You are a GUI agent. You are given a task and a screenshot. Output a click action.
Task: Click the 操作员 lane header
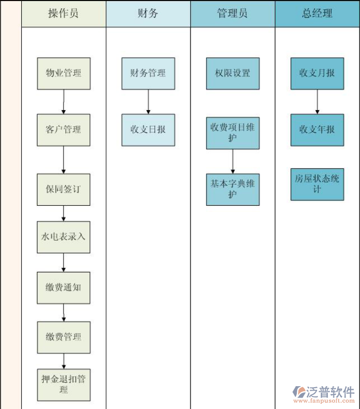pos(63,14)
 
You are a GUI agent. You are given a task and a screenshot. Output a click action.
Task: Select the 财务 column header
pos(148,14)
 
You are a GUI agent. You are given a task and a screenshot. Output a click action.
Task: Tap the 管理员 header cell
pos(233,14)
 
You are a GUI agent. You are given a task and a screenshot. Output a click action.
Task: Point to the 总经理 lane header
pos(317,14)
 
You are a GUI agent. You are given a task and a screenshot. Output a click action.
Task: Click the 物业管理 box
pos(63,73)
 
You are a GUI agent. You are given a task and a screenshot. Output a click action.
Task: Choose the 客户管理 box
pos(63,130)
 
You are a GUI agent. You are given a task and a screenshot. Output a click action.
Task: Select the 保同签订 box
pos(63,189)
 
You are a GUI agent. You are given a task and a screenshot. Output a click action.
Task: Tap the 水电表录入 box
pos(63,237)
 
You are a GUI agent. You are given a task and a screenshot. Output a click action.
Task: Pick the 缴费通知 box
pos(63,287)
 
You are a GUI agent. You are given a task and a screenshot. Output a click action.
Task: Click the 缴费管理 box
pos(63,337)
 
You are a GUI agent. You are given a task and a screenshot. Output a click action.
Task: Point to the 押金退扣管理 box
pos(63,385)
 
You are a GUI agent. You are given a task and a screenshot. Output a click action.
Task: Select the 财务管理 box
pos(148,73)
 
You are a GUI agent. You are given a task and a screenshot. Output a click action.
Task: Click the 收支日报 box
pos(148,130)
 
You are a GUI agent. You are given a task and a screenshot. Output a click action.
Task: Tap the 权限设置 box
pos(233,73)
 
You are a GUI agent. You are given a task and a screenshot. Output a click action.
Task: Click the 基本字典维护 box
pos(233,189)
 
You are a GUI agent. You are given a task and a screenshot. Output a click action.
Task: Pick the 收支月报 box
pos(317,73)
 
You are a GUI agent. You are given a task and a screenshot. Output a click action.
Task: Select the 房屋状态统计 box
pos(317,184)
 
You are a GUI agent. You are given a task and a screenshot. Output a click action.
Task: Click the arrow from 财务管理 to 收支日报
pos(148,101)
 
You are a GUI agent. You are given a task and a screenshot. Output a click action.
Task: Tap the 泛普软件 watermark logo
pos(324,393)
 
